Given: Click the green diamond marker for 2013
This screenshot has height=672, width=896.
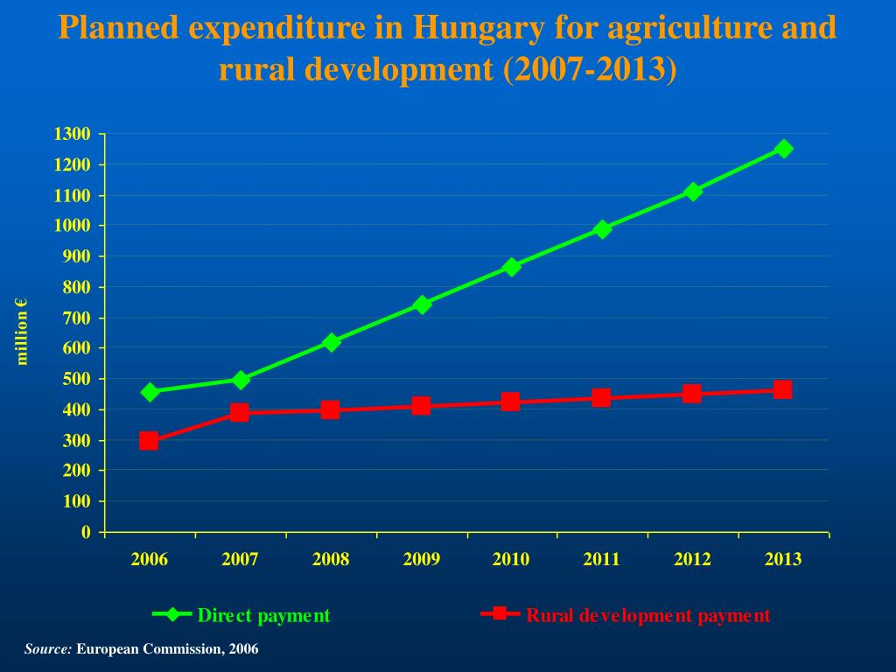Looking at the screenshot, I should (x=783, y=149).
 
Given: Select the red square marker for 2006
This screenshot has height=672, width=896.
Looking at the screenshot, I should (x=149, y=440).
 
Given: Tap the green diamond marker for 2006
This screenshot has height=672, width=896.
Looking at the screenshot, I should (x=150, y=392).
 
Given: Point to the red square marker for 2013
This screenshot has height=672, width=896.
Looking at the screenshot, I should (x=782, y=389).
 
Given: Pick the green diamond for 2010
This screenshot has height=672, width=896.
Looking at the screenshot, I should (x=511, y=267).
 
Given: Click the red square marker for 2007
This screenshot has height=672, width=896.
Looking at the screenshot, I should (x=240, y=412).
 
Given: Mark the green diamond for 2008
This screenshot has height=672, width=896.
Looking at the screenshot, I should (x=331, y=342).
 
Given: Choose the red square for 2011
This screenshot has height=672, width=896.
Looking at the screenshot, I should (x=601, y=398).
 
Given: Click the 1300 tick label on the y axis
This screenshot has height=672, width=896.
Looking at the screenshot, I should (x=72, y=134).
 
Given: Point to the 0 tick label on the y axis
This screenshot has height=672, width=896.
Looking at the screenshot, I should (x=86, y=532).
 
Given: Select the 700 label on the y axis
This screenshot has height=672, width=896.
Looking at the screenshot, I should (x=76, y=318).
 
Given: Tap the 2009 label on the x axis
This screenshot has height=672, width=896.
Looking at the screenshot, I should (x=421, y=560).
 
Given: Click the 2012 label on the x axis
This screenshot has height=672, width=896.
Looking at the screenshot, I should (x=692, y=560).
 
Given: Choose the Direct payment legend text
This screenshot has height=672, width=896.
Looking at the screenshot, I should (x=264, y=616).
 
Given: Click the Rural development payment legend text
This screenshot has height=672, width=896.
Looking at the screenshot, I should (x=648, y=616).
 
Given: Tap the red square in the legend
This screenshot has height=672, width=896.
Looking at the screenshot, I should (x=500, y=613).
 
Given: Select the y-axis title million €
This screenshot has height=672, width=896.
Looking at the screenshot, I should (x=23, y=331).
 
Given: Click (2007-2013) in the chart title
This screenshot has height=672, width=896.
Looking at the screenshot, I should (x=590, y=70).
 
